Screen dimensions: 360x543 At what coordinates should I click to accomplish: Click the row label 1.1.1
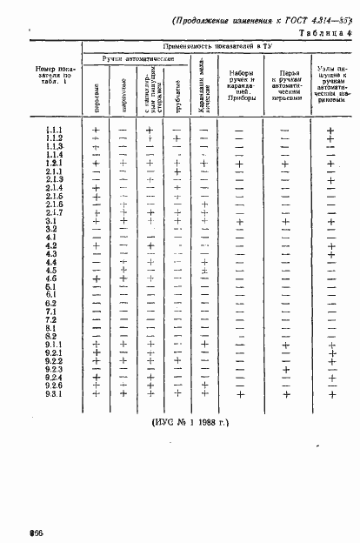click(52, 130)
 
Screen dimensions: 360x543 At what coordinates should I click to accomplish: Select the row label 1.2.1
click(52, 163)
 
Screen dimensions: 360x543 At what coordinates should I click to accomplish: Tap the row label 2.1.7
click(52, 212)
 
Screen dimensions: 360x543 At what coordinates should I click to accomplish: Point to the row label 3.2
click(50, 229)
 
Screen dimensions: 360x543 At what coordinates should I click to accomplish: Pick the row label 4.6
click(50, 278)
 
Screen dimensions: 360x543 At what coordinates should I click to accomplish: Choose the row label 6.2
click(50, 303)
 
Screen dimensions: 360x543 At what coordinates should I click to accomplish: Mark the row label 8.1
click(50, 327)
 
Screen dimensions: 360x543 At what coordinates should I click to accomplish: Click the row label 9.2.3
click(52, 369)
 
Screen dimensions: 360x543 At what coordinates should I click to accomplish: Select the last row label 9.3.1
click(52, 393)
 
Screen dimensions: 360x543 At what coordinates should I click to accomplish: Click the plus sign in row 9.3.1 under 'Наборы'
click(239, 393)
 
